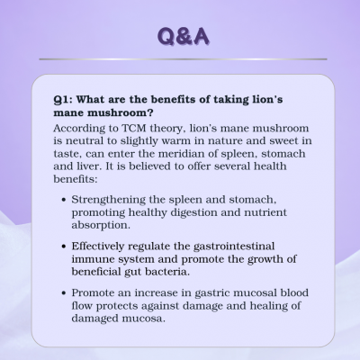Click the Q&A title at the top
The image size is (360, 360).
(x=183, y=37)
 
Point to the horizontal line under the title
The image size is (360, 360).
(x=183, y=59)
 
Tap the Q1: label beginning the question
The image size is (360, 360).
(x=62, y=100)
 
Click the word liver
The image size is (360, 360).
(x=88, y=166)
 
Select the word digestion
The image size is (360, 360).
(x=194, y=213)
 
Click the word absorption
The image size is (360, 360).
(x=101, y=226)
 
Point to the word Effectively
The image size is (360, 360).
(x=98, y=247)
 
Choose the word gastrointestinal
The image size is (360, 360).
(x=234, y=247)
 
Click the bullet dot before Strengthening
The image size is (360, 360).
(x=63, y=200)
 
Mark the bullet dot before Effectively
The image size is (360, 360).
(x=63, y=247)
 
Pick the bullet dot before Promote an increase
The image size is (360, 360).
(x=63, y=293)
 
